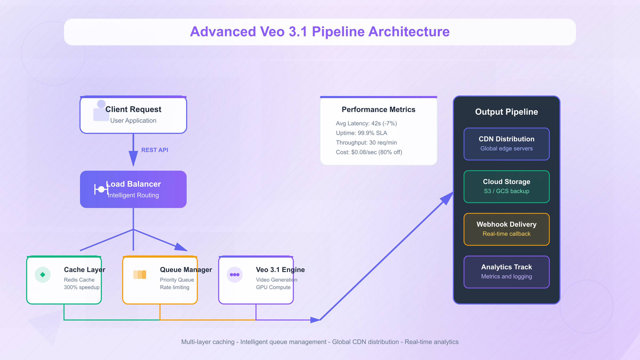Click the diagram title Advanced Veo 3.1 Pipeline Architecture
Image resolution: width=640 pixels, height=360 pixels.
point(320,32)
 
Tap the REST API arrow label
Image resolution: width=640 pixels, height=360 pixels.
point(155,150)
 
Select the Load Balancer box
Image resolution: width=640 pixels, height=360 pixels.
point(133,189)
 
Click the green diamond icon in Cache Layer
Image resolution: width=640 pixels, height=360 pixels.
point(43,275)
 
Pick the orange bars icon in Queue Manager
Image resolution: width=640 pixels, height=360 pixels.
point(140,275)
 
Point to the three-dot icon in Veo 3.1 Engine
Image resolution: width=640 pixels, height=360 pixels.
point(235,275)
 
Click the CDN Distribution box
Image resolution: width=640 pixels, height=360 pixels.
point(506,144)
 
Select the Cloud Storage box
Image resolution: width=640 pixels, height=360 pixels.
point(506,187)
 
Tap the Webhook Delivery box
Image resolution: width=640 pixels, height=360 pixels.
point(506,229)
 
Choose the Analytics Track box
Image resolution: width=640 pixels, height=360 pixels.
point(506,272)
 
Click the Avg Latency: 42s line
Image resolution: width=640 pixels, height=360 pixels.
point(366,123)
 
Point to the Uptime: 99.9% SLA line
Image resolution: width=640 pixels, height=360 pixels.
point(361,133)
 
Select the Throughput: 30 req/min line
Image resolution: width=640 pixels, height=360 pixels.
point(366,143)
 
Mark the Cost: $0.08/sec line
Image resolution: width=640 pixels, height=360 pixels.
point(369,152)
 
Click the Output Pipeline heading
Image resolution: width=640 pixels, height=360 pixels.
point(506,112)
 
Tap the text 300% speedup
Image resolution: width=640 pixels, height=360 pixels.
point(82,287)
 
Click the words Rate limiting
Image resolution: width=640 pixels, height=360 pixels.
point(175,287)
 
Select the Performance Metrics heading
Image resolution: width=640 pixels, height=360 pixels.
point(378,110)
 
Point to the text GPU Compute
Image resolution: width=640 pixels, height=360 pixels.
point(273,287)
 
